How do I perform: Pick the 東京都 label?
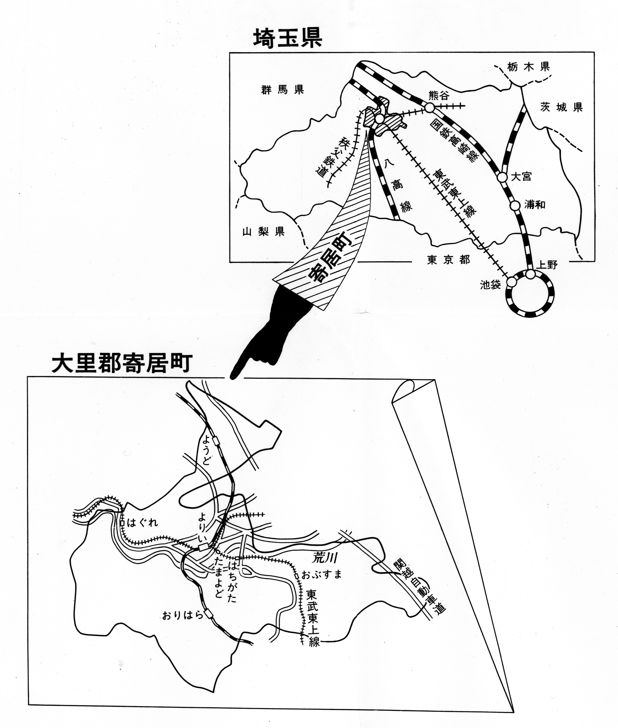click(449, 260)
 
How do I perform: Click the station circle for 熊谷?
click(430, 108)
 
